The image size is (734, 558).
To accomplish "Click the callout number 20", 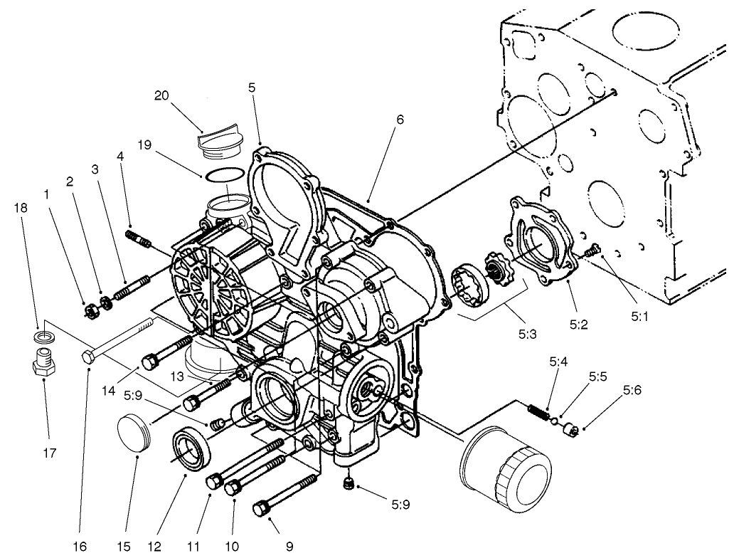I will point(161,95).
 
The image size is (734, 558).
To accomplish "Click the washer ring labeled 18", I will point(45,335).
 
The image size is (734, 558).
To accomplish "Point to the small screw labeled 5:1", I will point(592,250).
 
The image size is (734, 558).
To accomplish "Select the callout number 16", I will point(80,545).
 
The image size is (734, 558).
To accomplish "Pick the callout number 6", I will point(400,120).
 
